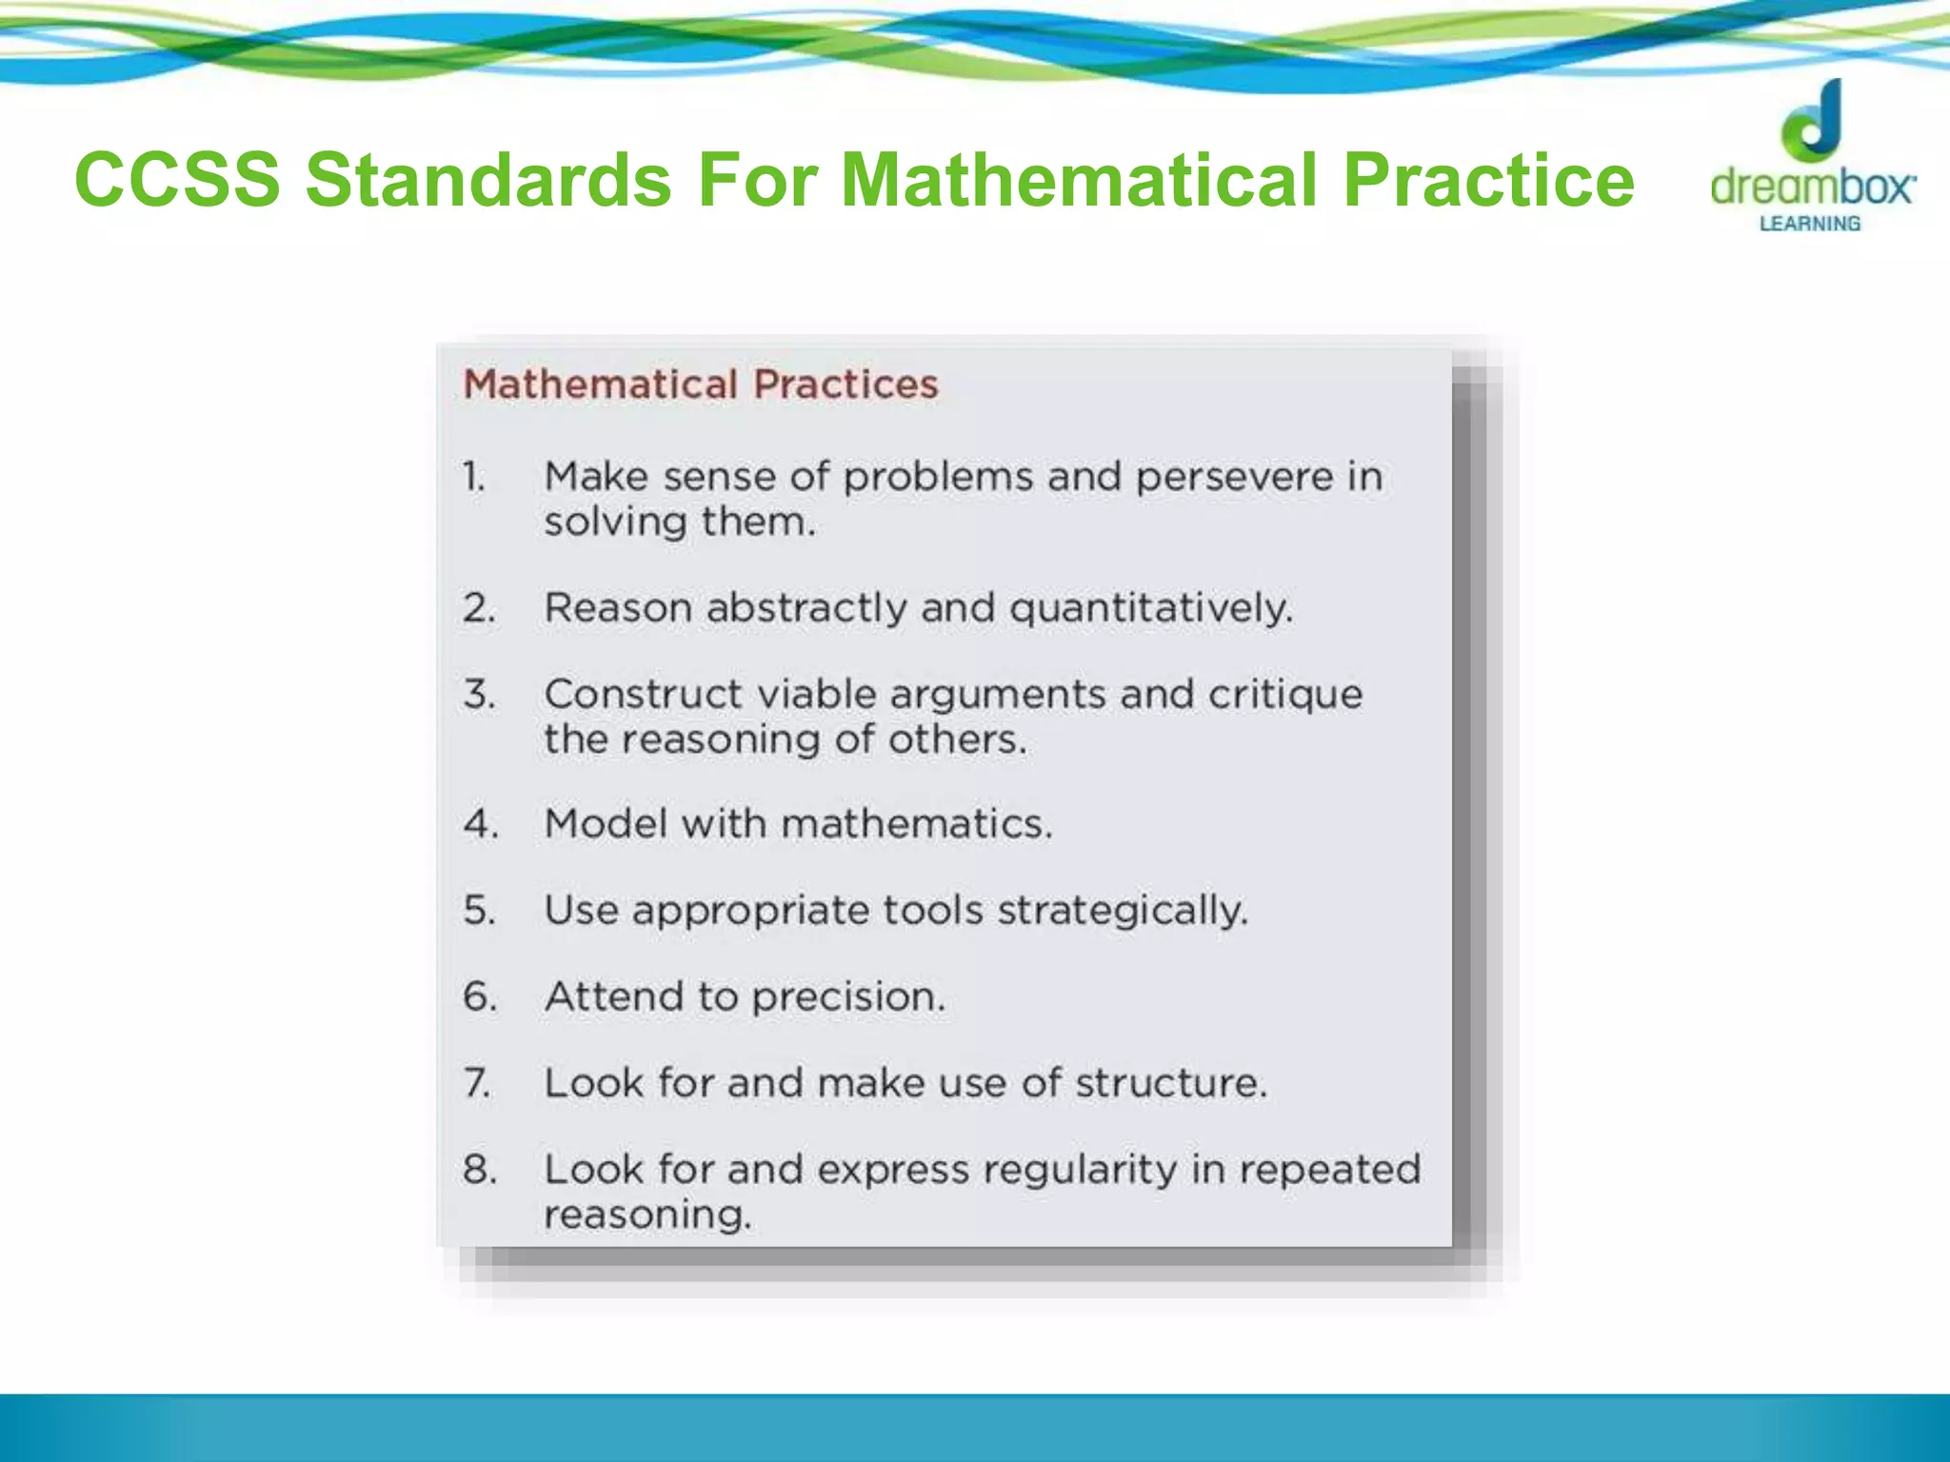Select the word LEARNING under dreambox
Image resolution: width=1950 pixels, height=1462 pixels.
[1809, 224]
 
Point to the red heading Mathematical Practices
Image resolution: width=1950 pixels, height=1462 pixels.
[701, 385]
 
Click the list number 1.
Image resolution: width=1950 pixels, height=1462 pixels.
[474, 476]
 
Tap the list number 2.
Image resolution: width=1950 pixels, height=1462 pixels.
[479, 607]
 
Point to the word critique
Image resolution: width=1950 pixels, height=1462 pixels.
[1285, 695]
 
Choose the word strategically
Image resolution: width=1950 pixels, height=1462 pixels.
[1123, 911]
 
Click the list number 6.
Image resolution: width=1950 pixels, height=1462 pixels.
[480, 997]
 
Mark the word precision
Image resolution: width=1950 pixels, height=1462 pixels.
[848, 998]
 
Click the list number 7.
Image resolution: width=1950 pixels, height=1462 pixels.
[477, 1083]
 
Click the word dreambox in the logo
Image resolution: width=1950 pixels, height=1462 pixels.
[1812, 186]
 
